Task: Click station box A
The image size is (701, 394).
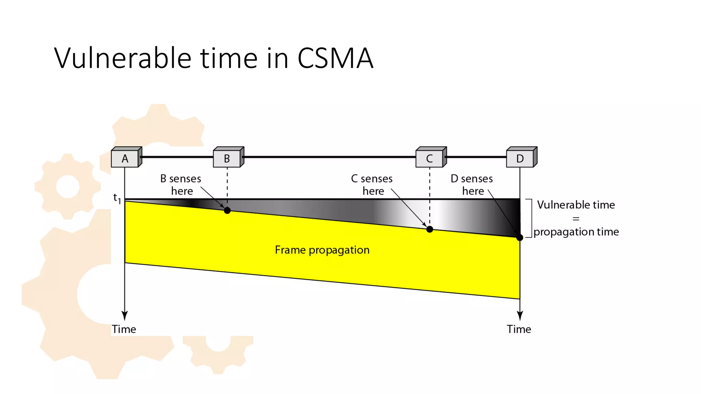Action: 125,158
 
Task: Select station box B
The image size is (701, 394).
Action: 227,158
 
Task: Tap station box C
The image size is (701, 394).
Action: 430,158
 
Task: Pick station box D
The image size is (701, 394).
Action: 521,158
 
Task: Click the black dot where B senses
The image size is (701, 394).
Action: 227,210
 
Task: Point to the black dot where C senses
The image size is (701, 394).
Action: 430,229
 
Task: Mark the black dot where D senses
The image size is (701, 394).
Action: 520,237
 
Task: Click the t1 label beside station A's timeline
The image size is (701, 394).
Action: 117,198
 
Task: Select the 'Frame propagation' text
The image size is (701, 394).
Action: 322,250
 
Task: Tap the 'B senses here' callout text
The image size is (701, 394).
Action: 181,185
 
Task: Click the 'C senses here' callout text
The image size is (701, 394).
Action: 372,185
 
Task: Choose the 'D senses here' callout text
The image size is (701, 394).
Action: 472,185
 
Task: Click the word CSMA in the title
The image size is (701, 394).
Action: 335,58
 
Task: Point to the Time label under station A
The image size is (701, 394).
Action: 124,329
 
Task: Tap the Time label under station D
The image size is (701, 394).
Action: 519,329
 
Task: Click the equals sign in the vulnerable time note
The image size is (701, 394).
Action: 576,219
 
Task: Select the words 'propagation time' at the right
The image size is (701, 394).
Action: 576,232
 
